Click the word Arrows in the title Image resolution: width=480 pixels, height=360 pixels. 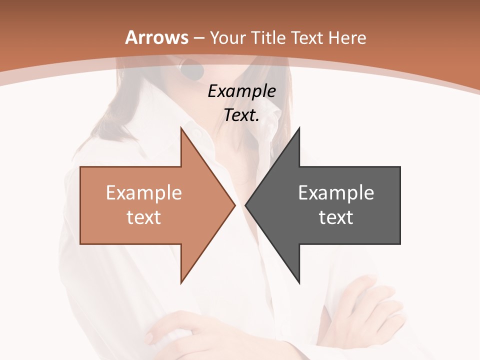(156, 37)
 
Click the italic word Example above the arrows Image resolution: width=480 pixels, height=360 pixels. (242, 91)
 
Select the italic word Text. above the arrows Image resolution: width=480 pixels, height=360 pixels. (242, 115)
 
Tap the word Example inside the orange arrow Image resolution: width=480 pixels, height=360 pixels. (144, 192)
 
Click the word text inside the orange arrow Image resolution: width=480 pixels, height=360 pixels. (144, 217)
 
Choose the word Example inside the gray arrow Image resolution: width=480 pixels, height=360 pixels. (336, 192)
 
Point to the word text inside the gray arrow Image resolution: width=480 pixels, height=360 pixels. (336, 217)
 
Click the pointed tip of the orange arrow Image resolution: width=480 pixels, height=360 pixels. (235, 205)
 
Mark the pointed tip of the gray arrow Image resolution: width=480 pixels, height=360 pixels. (245, 205)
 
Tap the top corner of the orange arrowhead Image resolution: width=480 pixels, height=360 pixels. (181, 128)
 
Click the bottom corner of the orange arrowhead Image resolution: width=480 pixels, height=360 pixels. (181, 282)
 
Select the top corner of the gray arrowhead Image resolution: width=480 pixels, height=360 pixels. (299, 128)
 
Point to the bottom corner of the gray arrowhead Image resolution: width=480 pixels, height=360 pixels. (299, 282)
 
